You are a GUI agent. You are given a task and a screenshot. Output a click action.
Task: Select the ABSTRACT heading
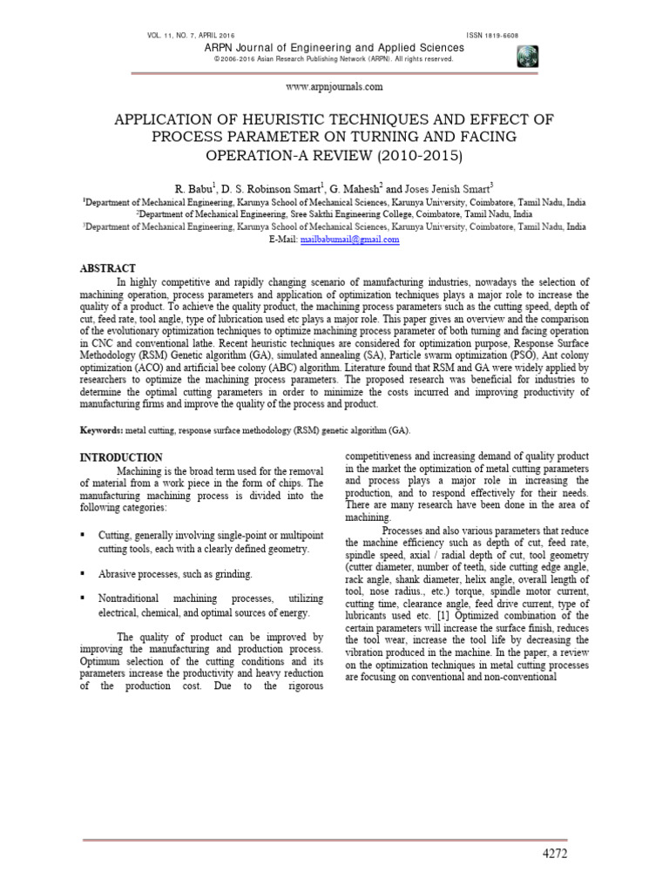[108, 268]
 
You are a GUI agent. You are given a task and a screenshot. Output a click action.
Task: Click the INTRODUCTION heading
[121, 457]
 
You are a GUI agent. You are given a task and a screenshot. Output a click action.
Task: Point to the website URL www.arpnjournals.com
[334, 87]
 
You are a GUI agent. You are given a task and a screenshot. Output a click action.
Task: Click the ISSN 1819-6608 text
[504, 35]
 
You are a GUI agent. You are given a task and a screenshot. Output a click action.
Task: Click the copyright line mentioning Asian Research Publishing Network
[334, 59]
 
